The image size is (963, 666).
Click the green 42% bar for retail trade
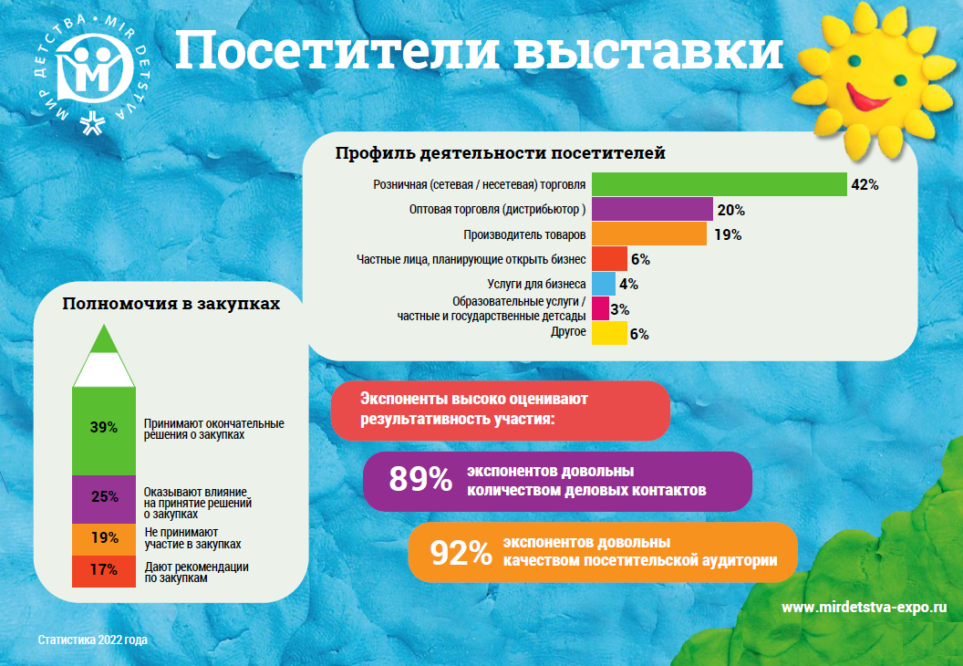point(719,184)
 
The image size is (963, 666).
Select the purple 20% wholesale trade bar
point(651,209)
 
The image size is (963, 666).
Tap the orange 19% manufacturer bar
point(648,234)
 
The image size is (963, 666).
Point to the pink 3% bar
point(600,308)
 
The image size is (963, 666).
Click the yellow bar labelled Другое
point(608,333)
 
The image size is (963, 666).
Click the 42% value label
point(864,184)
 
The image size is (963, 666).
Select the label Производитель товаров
point(524,234)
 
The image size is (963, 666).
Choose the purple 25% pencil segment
point(104,497)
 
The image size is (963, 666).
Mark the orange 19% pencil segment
point(104,537)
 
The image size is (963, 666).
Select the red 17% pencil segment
point(104,570)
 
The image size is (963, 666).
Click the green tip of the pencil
point(104,339)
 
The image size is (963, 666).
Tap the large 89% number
point(420,480)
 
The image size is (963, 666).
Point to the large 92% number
point(461,553)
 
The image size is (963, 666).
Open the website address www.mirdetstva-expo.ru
point(858,607)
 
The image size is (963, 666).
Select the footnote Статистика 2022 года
point(93,640)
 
